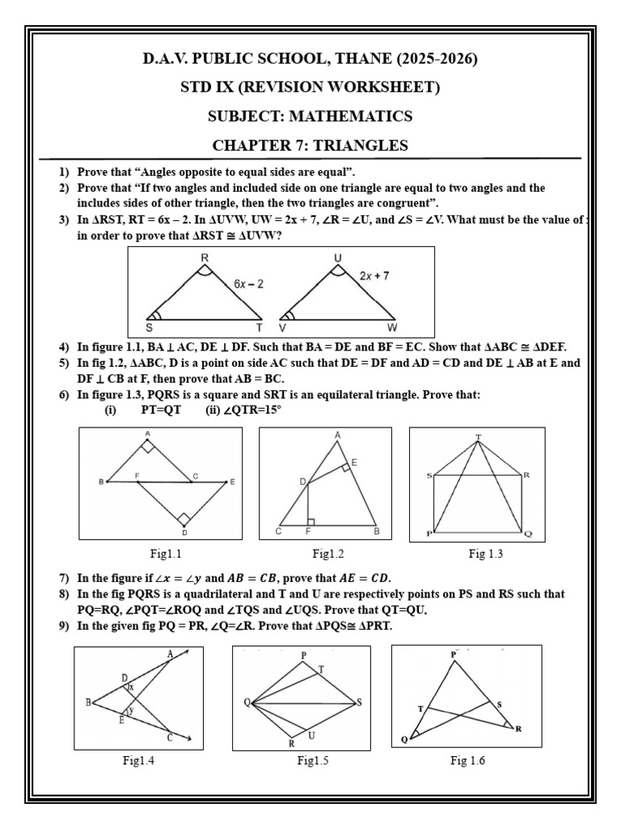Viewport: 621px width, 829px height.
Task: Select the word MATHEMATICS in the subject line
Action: [x=357, y=117]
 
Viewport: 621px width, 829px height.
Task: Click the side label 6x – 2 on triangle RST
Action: [x=251, y=284]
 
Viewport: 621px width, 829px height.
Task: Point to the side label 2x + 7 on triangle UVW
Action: [x=374, y=276]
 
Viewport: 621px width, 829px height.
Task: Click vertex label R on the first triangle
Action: [x=204, y=258]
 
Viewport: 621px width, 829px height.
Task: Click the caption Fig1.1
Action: [x=167, y=555]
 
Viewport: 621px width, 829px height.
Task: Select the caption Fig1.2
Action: [x=328, y=555]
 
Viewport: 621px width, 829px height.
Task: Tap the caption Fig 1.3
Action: [x=486, y=555]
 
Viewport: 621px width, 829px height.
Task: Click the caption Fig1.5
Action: [x=312, y=761]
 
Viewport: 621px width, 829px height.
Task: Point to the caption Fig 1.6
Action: [x=467, y=761]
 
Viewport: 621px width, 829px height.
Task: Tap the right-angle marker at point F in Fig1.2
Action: [x=311, y=521]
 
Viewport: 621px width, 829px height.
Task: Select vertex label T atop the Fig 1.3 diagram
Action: [x=478, y=437]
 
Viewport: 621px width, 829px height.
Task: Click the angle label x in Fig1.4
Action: [x=131, y=687]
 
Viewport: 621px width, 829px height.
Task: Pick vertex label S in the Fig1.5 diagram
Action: [x=359, y=701]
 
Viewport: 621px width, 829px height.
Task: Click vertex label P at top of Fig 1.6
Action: [x=453, y=654]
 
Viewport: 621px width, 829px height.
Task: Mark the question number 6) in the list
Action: [x=63, y=395]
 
